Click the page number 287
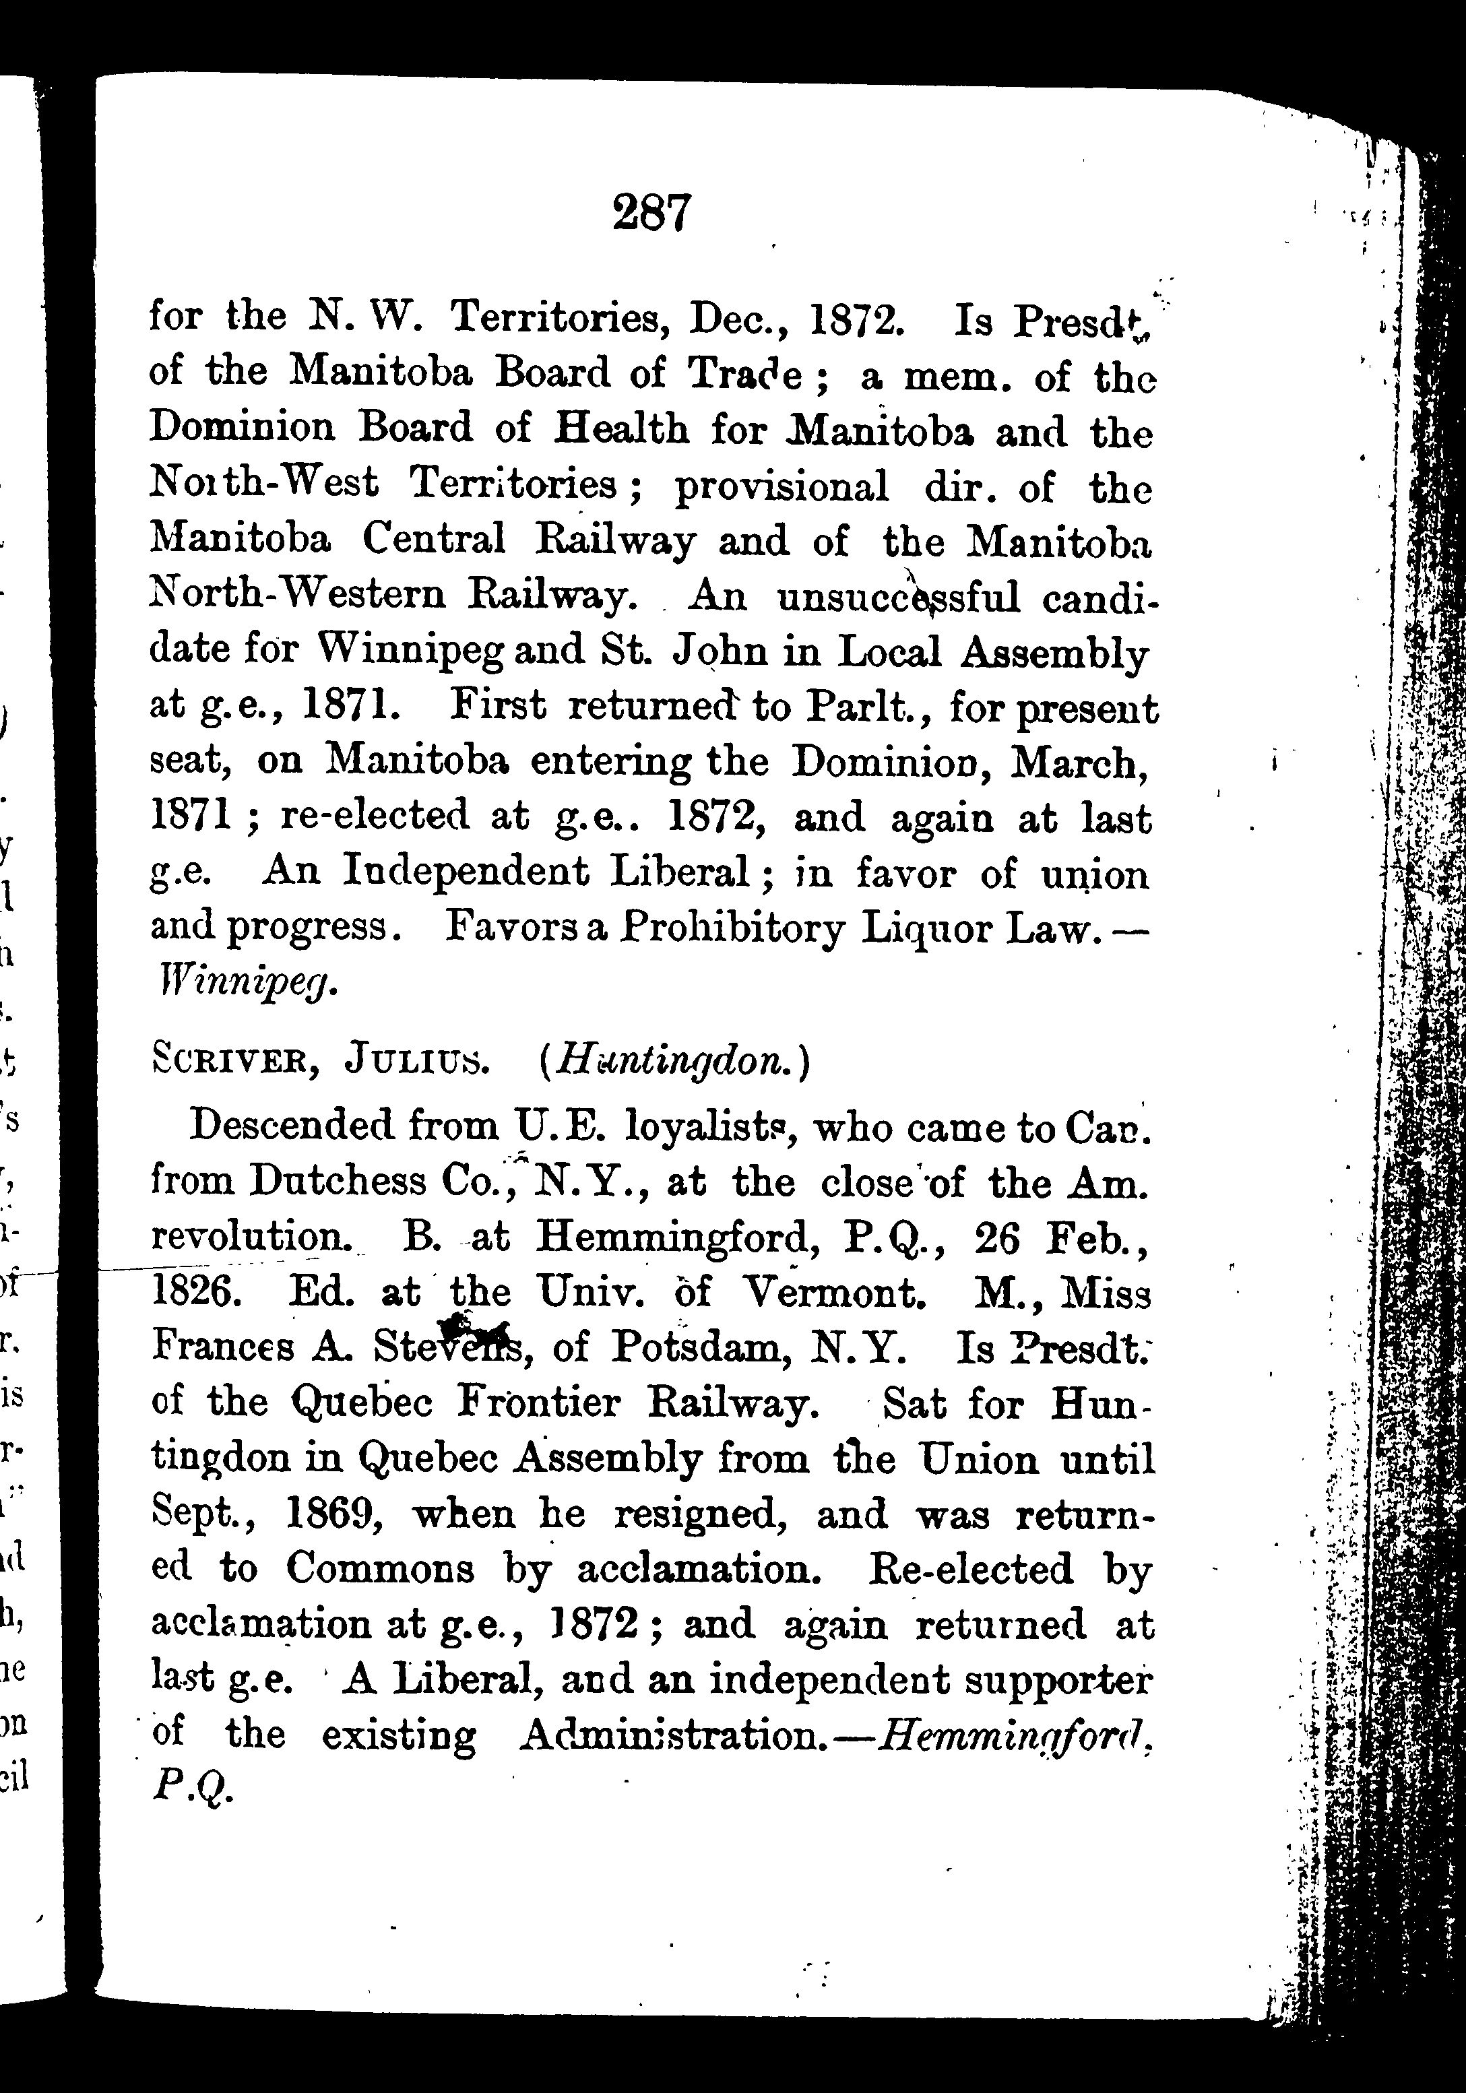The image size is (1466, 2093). [653, 212]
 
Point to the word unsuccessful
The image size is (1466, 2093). [898, 596]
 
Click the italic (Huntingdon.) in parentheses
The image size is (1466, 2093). [674, 1061]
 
